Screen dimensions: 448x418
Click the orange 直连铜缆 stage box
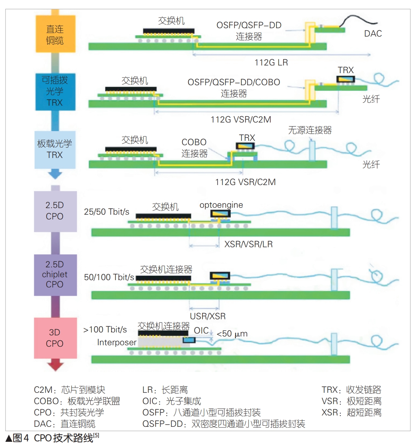pos(55,34)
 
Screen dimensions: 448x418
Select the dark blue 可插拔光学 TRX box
pos(55,91)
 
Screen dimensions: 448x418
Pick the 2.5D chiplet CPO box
pos(55,274)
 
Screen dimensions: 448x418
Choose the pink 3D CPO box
pos(55,338)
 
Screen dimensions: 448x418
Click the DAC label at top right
pos(373,34)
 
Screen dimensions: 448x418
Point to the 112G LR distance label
pos(271,63)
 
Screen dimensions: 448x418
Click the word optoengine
pos(221,205)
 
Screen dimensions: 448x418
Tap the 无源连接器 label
pos(310,130)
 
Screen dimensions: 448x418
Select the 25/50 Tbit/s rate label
pos(106,212)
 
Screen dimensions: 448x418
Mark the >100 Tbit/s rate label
pos(105,330)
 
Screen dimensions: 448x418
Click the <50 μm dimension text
pos(232,334)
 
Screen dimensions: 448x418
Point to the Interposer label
pos(117,342)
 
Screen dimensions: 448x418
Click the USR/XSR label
pos(208,316)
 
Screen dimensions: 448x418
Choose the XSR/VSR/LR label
pos(248,244)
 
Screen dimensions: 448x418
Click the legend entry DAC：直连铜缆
pos(64,424)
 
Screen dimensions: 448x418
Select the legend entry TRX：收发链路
pos(351,390)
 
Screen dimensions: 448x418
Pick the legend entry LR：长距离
pos(165,390)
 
